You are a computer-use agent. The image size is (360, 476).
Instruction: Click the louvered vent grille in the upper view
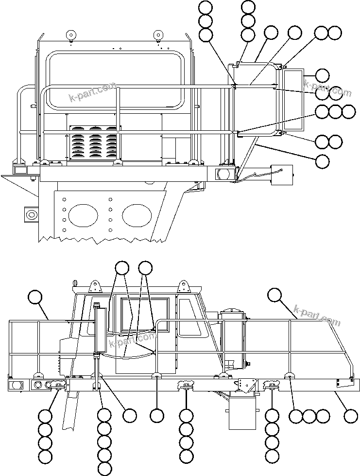tap(94, 143)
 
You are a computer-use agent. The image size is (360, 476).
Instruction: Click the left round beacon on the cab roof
tap(71, 35)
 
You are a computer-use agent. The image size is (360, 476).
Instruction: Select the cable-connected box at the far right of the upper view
tap(282, 175)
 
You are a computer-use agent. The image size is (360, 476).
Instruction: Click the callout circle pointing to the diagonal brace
tap(322, 161)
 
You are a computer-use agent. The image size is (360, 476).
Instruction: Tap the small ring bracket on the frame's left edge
tap(31, 214)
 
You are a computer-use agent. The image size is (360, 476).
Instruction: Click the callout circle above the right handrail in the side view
tap(274, 294)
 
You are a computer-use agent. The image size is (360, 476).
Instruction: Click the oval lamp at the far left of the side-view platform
tap(16, 385)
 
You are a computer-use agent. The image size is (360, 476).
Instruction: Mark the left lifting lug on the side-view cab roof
tap(96, 285)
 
